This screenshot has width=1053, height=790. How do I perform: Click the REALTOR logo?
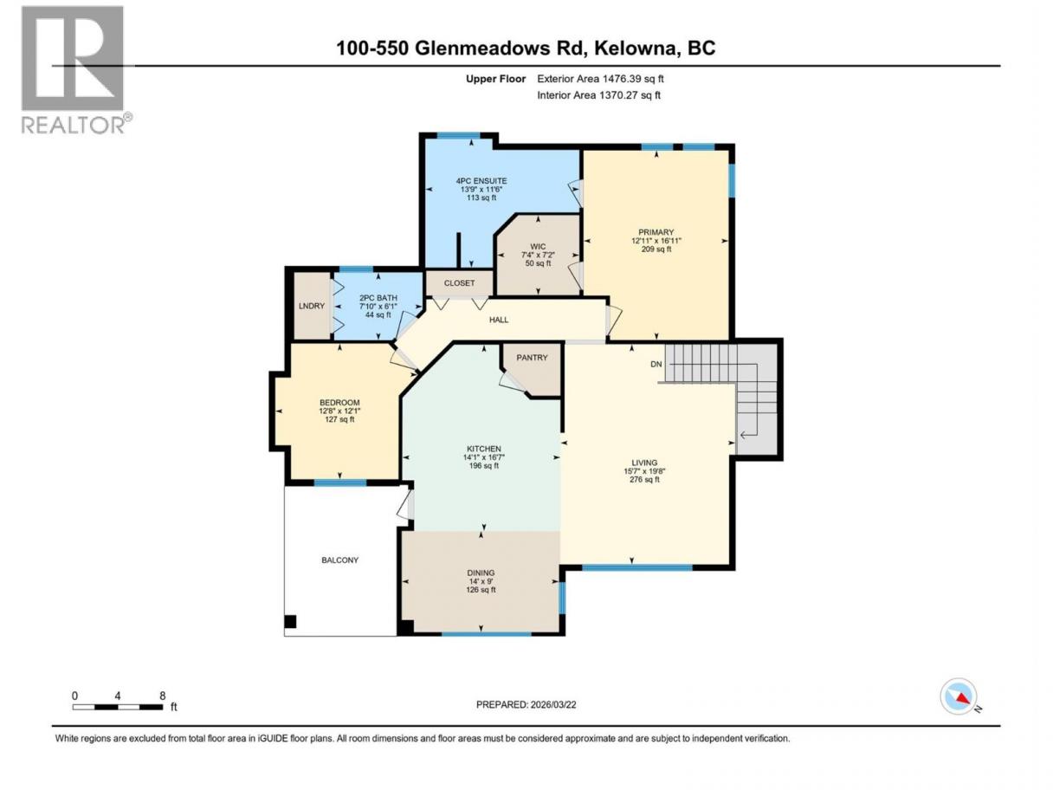pos(76,70)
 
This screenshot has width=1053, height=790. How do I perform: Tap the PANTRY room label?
pos(532,358)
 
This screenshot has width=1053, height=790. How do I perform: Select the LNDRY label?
pos(312,306)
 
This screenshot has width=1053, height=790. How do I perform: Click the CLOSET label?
pos(459,283)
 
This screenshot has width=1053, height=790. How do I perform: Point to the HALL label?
pos(499,320)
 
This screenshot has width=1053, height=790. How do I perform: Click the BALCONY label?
pos(340,560)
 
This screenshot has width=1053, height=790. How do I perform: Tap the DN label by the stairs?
pos(656,364)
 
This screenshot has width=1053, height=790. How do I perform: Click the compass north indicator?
pos(959,696)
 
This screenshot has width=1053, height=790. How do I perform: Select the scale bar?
pos(118,707)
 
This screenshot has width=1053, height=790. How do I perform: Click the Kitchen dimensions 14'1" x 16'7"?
pos(483,457)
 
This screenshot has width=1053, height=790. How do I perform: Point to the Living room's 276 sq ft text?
pos(644,479)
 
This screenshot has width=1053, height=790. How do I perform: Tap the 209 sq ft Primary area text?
pos(656,249)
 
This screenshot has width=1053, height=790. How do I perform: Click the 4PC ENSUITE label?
pos(481,181)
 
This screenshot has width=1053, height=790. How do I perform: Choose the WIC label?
pos(538,247)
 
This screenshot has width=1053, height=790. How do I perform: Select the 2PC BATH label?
pos(378,298)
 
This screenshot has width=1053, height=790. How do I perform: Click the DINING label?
pos(481,573)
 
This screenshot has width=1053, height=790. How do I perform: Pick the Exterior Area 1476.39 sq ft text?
pos(600,79)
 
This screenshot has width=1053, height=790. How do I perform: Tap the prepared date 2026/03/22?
pos(552,704)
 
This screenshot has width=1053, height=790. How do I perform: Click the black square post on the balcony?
pos(290,622)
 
